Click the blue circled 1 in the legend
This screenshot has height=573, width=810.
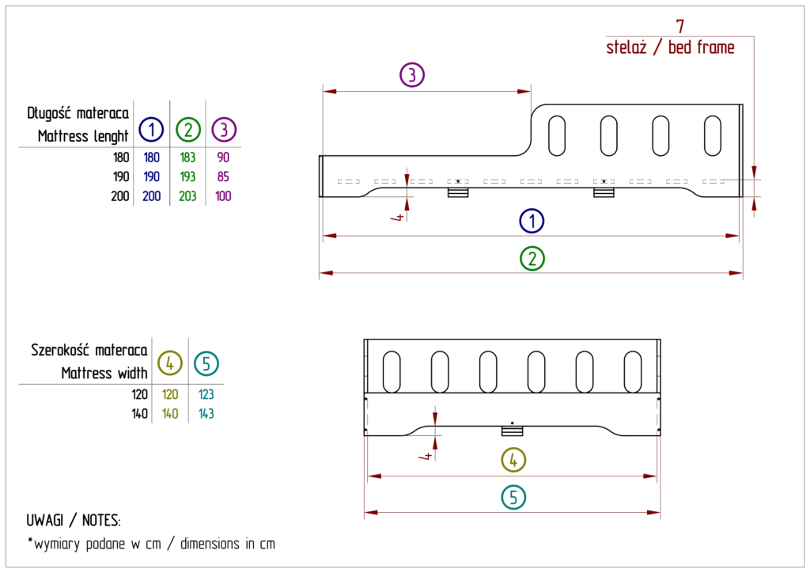pos(151,129)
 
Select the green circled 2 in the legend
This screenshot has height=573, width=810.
pos(187,129)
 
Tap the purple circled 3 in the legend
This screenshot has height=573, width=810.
pos(225,129)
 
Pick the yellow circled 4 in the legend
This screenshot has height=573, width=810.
pos(170,363)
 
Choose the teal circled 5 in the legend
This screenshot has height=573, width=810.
pos(206,363)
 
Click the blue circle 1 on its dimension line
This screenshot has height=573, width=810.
pos(532,221)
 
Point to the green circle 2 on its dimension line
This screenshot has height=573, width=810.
pos(532,258)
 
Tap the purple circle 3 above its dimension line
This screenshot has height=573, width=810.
pos(412,76)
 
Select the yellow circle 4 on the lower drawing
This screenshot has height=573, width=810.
pos(514,460)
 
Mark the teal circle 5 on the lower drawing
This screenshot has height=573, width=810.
pos(514,497)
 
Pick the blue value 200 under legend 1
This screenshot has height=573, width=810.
pos(152,195)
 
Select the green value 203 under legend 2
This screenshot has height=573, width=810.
pos(187,195)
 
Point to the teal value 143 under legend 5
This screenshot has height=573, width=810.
pos(206,412)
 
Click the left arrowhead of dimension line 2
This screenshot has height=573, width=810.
pos(326,273)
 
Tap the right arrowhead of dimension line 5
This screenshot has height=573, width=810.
pos(654,514)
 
